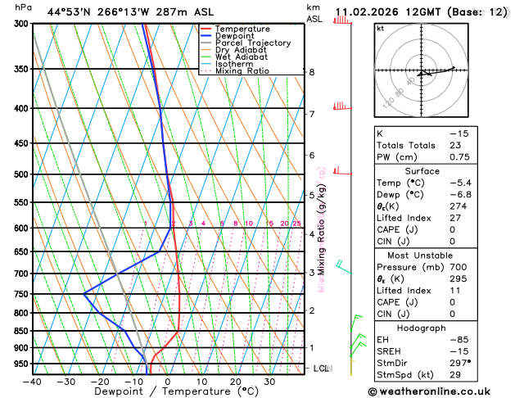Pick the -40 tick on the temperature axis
[x=33, y=382]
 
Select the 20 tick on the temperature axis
[x=235, y=382]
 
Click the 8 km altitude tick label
[x=312, y=72]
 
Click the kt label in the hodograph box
[x=381, y=29]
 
